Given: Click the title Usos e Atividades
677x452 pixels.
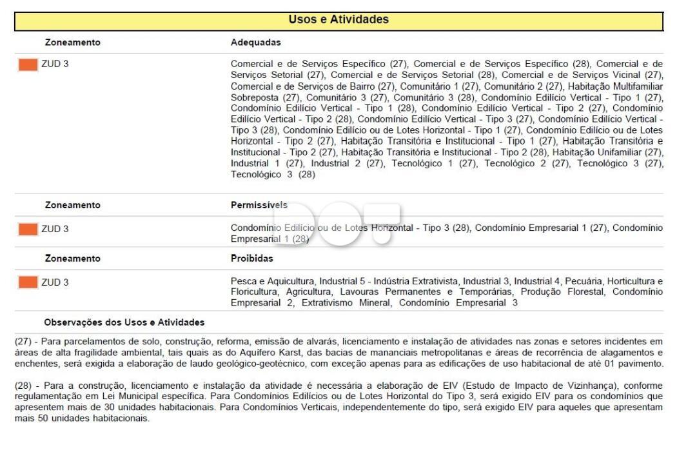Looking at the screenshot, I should click(338, 20).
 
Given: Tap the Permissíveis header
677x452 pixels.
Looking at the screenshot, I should click(259, 205).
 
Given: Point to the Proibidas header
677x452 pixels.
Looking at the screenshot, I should click(251, 259).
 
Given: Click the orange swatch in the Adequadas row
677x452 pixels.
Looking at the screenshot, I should click(28, 64).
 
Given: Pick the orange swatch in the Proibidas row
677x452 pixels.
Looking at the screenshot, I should click(28, 282).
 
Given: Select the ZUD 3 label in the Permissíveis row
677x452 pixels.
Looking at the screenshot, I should click(55, 229).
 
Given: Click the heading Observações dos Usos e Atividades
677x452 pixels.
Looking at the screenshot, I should click(124, 322).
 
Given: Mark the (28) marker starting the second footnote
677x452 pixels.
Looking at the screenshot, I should click(23, 386).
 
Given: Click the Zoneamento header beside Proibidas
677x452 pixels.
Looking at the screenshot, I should click(72, 259).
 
